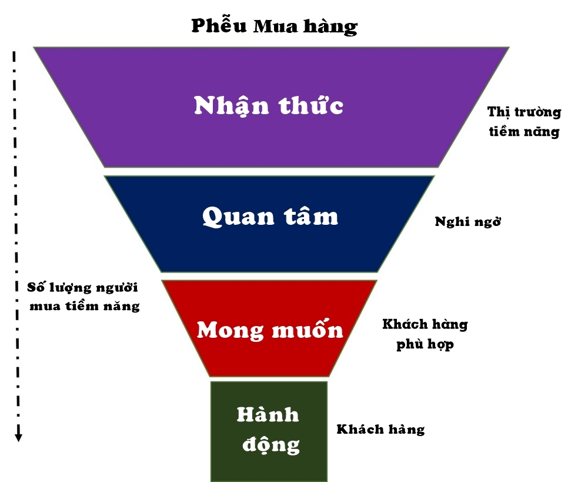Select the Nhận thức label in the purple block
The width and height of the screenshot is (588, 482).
coord(269,105)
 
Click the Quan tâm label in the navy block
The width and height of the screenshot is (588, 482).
coord(270,216)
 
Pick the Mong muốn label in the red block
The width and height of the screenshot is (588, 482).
coord(269,330)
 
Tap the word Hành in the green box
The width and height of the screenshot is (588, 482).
coord(268,415)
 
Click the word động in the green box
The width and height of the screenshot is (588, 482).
coord(269,443)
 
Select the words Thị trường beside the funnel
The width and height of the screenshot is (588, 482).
coord(524,112)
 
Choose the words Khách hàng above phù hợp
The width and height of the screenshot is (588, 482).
coord(425,324)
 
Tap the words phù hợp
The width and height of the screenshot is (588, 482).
coord(425,344)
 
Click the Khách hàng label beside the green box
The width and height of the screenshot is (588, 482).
coord(380,429)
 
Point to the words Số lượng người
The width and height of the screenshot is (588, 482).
coord(83,288)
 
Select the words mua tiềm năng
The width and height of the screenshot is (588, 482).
coord(84,306)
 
